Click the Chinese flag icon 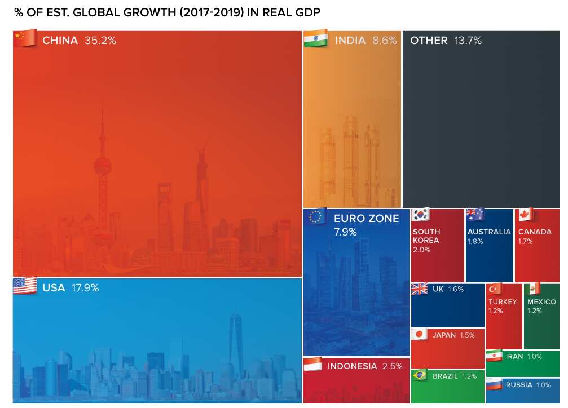(x=24, y=39)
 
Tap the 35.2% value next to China (x=100, y=41)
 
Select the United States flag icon (x=24, y=286)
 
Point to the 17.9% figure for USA (x=85, y=288)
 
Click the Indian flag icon (x=315, y=39)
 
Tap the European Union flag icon (x=315, y=216)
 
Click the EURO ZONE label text (x=366, y=219)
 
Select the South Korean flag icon (x=421, y=215)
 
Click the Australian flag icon (x=474, y=215)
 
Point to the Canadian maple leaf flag (x=526, y=215)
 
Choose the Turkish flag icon (x=495, y=289)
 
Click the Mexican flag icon (x=533, y=289)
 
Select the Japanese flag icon (x=419, y=335)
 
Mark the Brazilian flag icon (x=419, y=375)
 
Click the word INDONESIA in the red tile (x=352, y=366)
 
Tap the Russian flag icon (x=494, y=385)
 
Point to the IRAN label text (x=514, y=357)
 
